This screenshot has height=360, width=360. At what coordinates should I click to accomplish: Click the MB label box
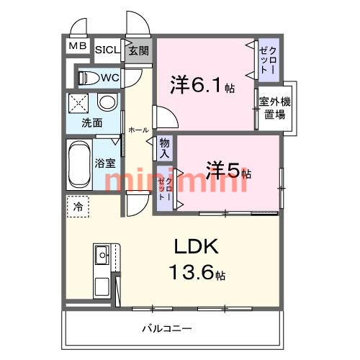78,45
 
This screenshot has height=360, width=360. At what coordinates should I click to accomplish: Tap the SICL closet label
107,50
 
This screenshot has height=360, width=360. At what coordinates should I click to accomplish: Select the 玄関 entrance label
138,50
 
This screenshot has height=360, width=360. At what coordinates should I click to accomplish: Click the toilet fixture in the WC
89,78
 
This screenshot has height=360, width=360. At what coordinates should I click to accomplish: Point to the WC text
110,78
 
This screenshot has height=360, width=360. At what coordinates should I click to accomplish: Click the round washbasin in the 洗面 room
107,102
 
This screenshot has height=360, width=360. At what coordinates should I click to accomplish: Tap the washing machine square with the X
78,103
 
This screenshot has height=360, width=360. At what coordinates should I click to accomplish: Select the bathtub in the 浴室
79,165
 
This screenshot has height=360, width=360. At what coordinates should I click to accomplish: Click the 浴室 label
105,163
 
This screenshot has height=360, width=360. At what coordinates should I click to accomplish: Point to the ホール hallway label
139,130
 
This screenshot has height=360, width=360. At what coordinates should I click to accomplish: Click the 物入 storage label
164,148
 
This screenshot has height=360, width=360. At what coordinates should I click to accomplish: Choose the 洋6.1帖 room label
202,84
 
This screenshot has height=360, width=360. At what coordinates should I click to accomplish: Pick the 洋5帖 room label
229,170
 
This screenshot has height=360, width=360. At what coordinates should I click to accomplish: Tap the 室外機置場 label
275,108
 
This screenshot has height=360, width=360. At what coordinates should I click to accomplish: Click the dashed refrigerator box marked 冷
78,207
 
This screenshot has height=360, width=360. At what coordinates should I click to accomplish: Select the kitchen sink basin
102,255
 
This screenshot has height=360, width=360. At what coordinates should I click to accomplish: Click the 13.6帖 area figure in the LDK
197,272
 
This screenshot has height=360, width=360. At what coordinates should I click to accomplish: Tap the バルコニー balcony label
167,328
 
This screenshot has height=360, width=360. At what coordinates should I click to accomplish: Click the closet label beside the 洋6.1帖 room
268,60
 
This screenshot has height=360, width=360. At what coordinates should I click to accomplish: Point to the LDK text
197,246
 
